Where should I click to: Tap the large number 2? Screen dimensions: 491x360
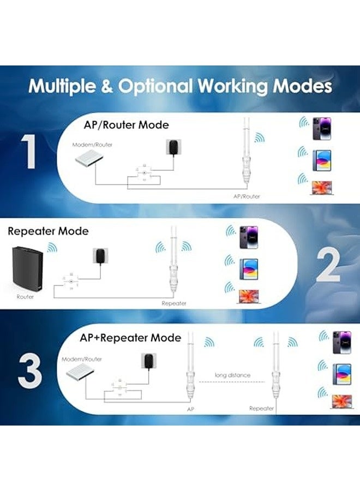[328, 265]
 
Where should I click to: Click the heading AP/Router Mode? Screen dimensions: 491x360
[126, 125]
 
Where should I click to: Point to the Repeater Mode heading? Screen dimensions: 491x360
[48, 231]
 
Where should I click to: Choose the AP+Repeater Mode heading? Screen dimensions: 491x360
[130, 338]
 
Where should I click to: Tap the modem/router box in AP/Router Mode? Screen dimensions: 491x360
[92, 159]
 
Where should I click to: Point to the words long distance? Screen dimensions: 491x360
[232, 375]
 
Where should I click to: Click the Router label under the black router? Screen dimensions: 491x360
[25, 297]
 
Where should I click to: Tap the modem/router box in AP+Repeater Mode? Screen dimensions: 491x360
[81, 375]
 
